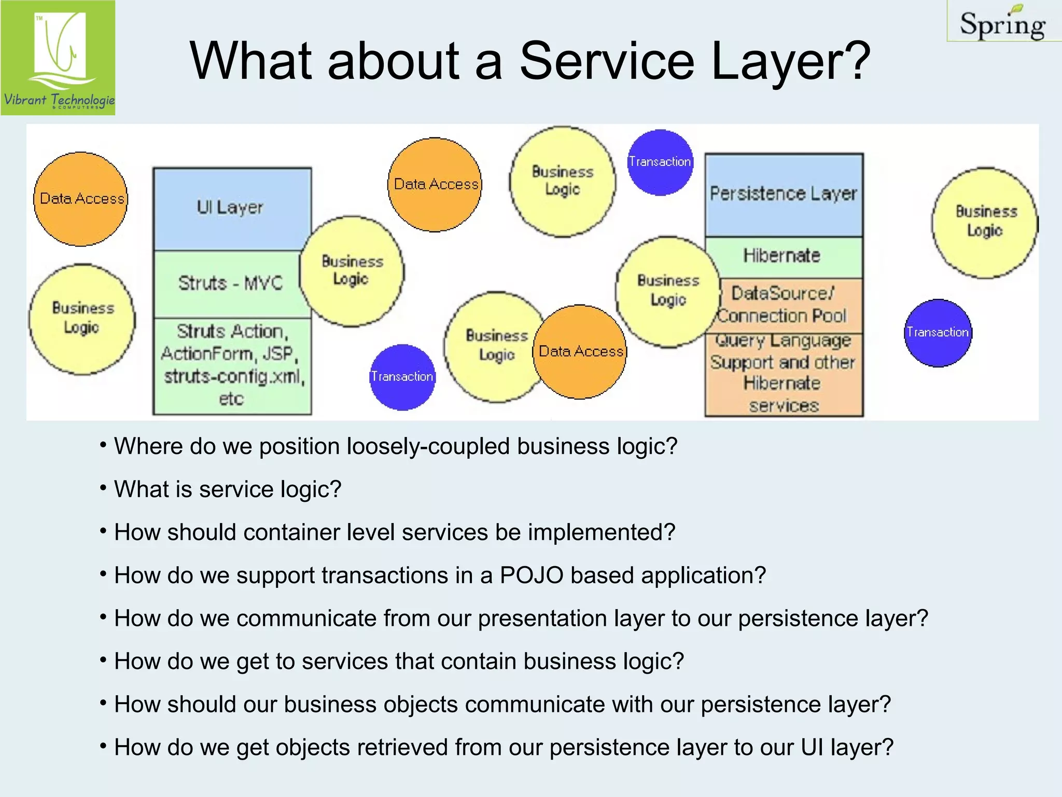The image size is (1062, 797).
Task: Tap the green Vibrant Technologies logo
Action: click(58, 58)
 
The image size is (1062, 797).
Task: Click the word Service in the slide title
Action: click(607, 61)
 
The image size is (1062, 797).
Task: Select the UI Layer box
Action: click(230, 208)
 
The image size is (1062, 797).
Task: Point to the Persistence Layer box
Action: click(783, 194)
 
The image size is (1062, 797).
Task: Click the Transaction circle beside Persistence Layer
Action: click(660, 162)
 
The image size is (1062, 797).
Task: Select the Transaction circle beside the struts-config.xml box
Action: click(402, 377)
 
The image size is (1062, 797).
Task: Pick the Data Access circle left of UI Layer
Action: click(81, 199)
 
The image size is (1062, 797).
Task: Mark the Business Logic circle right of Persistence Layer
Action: click(985, 222)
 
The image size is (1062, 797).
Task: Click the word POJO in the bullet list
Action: click(531, 575)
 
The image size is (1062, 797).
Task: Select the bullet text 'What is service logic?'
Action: click(228, 489)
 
